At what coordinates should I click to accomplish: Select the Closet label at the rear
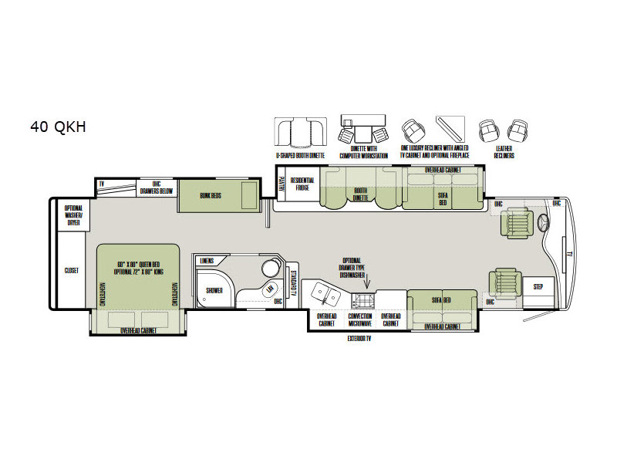[72, 271]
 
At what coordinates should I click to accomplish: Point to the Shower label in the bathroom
[214, 290]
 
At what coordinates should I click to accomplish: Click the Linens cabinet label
[206, 262]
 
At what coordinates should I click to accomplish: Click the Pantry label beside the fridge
[281, 185]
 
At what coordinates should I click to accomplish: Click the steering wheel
[545, 225]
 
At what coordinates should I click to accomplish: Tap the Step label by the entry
[538, 287]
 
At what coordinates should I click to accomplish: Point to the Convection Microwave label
[360, 319]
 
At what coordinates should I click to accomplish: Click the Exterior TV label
[360, 338]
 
